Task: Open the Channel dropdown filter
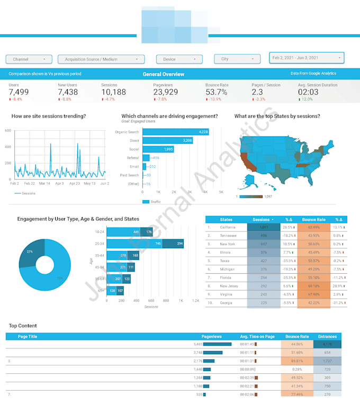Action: (x=29, y=59)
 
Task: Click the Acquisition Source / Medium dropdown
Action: (x=101, y=59)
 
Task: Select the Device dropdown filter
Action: (x=179, y=59)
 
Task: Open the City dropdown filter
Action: (x=237, y=59)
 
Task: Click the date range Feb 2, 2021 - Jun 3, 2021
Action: (x=307, y=57)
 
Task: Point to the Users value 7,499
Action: (x=19, y=92)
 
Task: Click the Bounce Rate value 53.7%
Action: (x=217, y=92)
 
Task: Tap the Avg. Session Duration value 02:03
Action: (x=308, y=92)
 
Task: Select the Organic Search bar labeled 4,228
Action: (x=175, y=131)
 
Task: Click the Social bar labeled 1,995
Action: (x=159, y=149)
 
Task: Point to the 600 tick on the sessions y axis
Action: (x=7, y=130)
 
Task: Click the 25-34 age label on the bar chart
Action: (x=100, y=244)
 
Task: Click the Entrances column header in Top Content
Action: (x=327, y=336)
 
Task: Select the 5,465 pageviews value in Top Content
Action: (x=197, y=344)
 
